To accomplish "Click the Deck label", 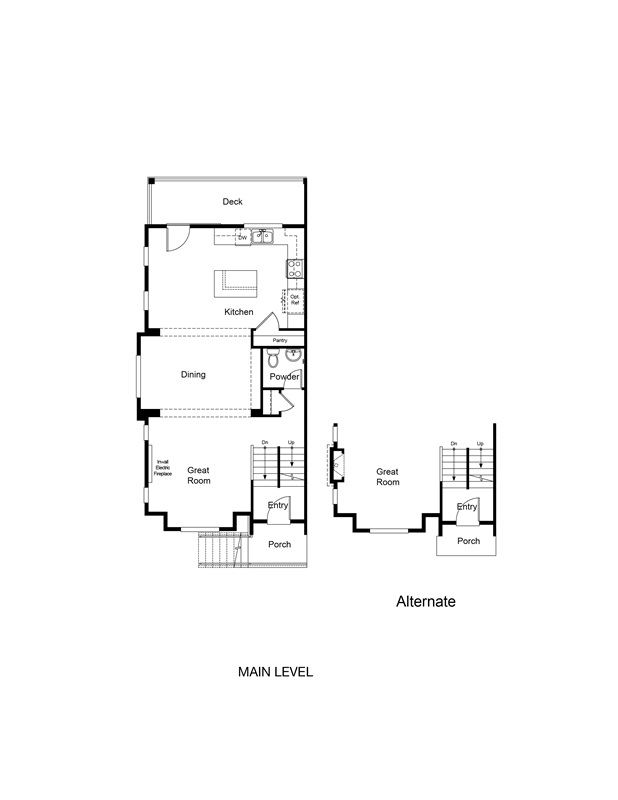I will point(232,202).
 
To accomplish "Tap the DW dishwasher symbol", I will point(242,237).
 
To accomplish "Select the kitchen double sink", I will point(263,237).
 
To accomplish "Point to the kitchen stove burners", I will point(296,268).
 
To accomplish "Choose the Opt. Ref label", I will point(295,299).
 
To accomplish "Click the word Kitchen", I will point(238,312).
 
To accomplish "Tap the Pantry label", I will point(280,340).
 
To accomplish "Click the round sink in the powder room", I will point(295,356).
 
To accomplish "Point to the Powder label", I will point(284,377).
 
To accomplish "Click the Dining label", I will point(193,375).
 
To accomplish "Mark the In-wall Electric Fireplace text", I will point(163,468).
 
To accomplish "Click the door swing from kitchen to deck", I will point(176,238).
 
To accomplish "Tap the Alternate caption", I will point(426,602).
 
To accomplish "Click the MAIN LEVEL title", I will point(275,673).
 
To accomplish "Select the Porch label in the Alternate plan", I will point(468,541).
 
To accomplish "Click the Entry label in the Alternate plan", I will point(467,507).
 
